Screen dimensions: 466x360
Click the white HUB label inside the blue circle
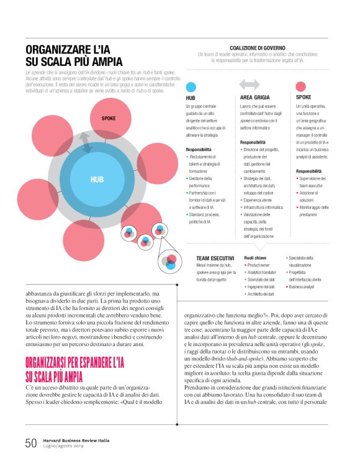[97, 180]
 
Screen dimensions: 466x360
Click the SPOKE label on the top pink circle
[108, 118]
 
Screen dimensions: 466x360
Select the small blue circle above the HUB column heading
[191, 86]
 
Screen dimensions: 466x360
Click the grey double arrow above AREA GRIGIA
[250, 85]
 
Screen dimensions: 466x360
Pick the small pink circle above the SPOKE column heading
[301, 86]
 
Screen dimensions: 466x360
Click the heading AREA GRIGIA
[254, 98]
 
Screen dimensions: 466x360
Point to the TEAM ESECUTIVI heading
[215, 257]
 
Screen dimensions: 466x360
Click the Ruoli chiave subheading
[255, 257]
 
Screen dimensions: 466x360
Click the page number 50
[31, 443]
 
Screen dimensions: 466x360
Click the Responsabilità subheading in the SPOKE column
[308, 171]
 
